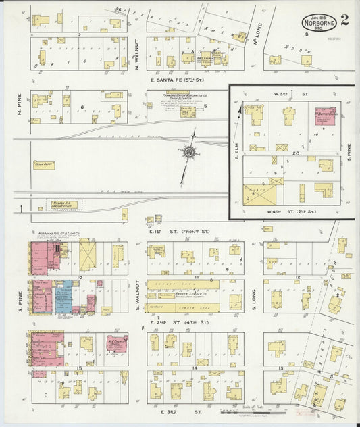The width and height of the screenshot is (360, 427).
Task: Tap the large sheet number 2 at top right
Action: click(345, 19)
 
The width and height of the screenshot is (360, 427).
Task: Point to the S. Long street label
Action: click(254, 298)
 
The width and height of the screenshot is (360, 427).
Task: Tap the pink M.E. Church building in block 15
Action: click(116, 343)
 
